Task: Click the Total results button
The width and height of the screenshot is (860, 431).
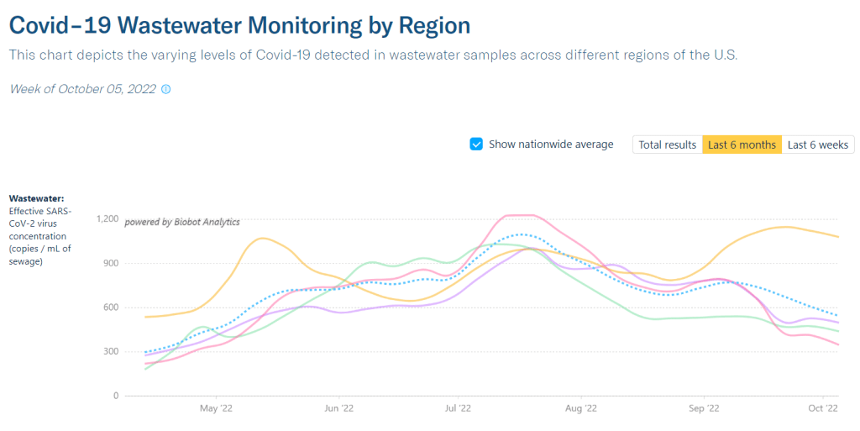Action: click(667, 145)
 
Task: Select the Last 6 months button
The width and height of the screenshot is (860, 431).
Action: click(742, 145)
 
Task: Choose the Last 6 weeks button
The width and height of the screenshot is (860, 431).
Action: click(818, 145)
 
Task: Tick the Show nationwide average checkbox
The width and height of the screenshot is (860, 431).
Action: click(476, 145)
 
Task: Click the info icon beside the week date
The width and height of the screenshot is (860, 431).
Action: click(165, 89)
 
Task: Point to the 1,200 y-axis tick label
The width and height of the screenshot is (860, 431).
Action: click(108, 219)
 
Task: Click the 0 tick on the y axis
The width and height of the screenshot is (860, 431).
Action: click(116, 396)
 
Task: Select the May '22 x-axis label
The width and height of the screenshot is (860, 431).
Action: click(216, 408)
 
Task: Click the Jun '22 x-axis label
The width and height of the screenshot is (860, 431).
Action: click(338, 408)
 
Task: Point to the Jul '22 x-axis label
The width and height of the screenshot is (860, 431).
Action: click(458, 408)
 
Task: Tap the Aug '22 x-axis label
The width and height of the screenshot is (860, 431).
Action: click(580, 408)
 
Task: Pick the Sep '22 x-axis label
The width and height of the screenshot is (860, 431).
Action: click(703, 408)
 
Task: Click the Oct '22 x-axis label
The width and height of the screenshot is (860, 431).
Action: click(823, 408)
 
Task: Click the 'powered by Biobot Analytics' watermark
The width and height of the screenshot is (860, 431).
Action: click(182, 223)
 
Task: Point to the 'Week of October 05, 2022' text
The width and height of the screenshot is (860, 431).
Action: click(82, 89)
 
